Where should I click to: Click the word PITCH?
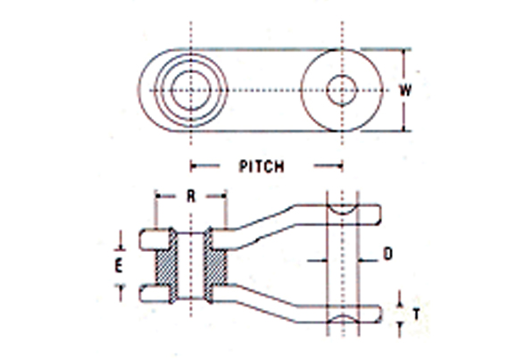pos(262,166)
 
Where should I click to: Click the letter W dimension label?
pos(405,90)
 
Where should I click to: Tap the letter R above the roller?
pos(191,197)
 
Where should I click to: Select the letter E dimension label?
pos(119,266)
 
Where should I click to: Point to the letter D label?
pos(387,254)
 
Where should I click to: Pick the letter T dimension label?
pos(416,314)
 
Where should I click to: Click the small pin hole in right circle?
pos(341,90)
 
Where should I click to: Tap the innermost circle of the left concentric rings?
pos(191,90)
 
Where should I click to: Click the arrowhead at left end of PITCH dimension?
pos(193,165)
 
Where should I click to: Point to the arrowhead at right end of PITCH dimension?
pos(339,165)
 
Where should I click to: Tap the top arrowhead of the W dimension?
pos(404,53)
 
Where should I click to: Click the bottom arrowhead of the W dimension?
pos(404,128)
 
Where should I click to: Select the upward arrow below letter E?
pos(121,292)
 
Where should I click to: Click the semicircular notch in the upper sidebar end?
pos(342,209)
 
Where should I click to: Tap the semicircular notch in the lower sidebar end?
pos(342,319)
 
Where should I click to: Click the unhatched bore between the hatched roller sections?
pos(191,265)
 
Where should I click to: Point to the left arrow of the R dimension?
pos(164,196)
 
